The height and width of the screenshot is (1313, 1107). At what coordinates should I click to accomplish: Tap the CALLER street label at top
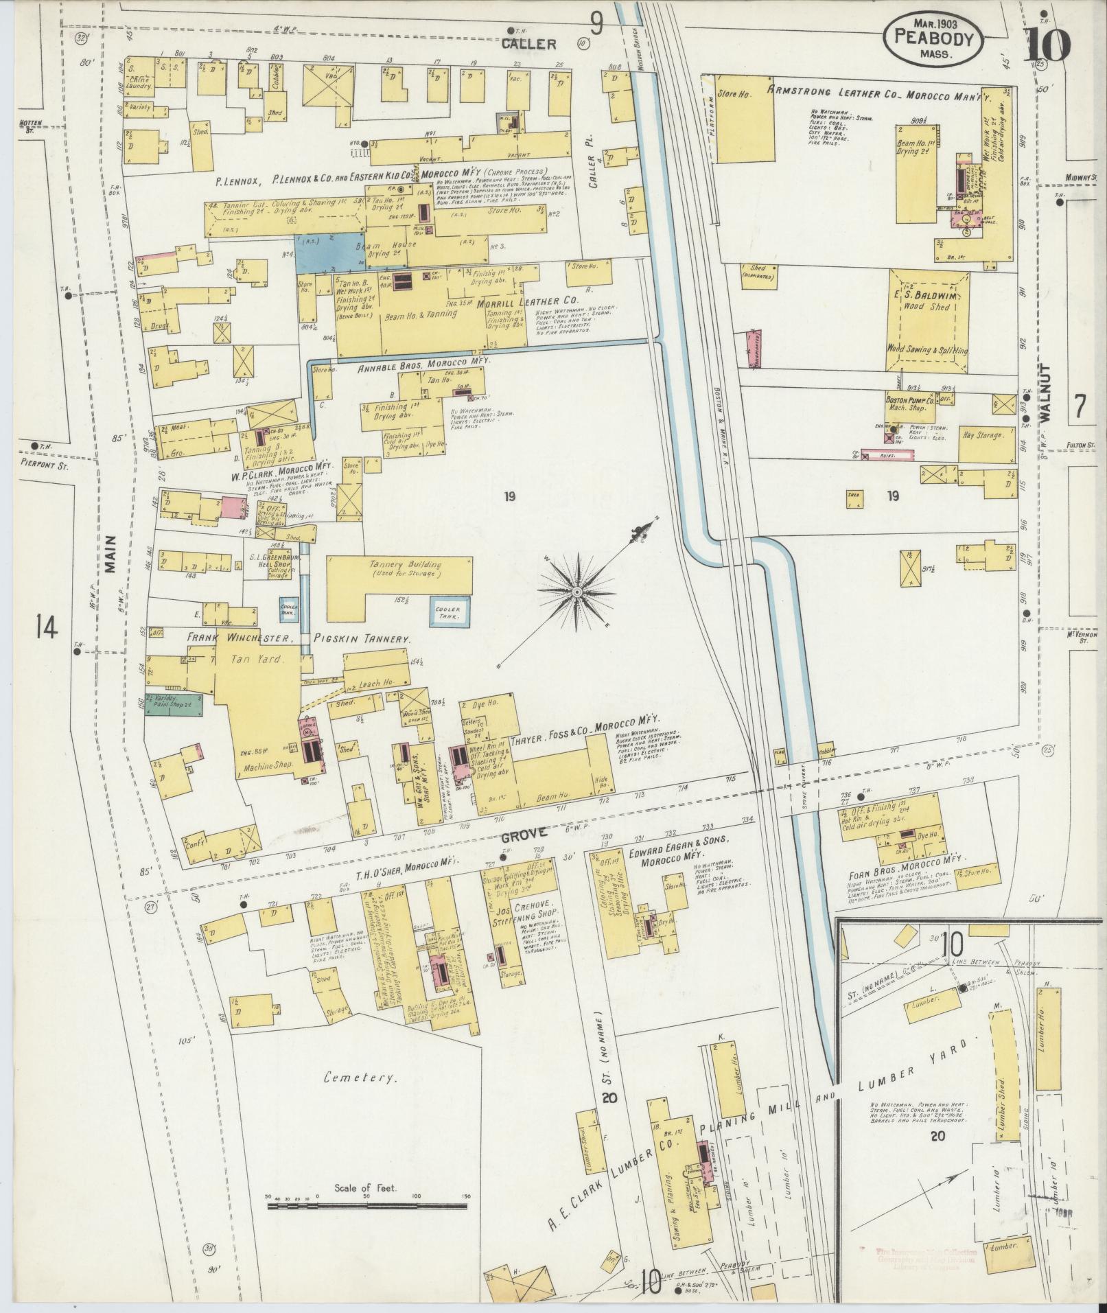tap(528, 45)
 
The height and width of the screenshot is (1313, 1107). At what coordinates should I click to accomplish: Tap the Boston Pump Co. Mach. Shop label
tap(909, 402)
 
